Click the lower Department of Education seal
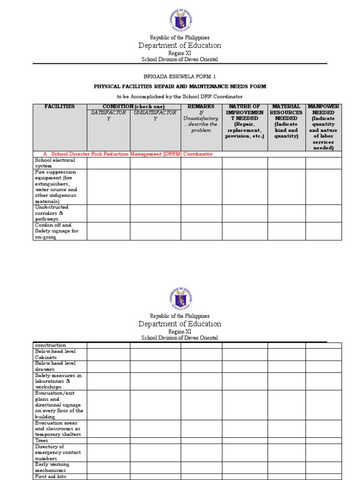pos(180,298)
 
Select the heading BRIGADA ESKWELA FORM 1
pos(180,76)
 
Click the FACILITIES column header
pos(60,107)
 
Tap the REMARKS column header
pos(201,107)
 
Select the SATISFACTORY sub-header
pos(108,115)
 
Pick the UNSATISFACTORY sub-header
pos(155,115)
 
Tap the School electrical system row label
pos(54,163)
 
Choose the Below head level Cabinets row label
pos(54,354)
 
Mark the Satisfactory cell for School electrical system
pos(108,163)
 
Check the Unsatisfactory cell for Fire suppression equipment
pos(155,187)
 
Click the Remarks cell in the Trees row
pos(201,441)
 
